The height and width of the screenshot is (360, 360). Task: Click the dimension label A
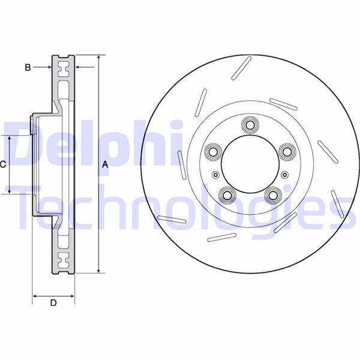(104, 164)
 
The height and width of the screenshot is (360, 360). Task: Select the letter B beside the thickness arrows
(27, 67)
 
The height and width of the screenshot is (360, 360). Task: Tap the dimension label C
(3, 164)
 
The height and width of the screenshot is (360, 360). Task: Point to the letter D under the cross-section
(53, 304)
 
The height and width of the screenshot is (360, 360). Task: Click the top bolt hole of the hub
(249, 125)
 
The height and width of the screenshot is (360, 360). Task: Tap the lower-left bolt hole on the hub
(226, 194)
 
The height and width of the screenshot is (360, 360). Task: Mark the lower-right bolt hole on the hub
(272, 195)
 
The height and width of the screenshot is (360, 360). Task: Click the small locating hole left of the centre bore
(215, 175)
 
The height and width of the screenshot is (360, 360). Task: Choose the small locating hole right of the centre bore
(283, 175)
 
